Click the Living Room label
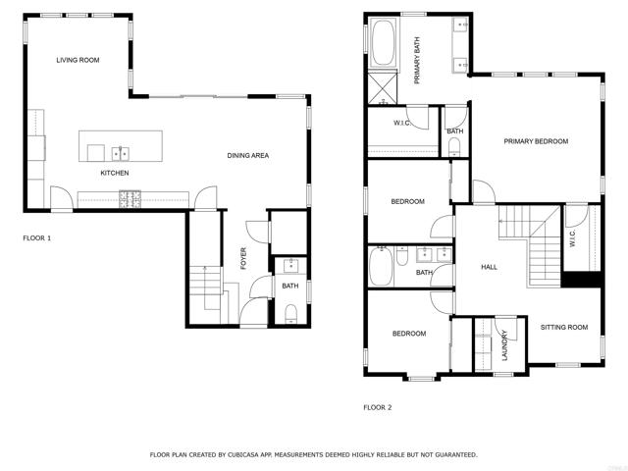click(x=78, y=60)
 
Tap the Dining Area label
click(x=248, y=155)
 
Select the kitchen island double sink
click(x=121, y=153)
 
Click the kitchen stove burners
click(x=131, y=199)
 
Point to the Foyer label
click(x=243, y=258)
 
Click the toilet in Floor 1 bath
click(x=290, y=313)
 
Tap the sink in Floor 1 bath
click(x=290, y=265)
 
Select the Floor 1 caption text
click(x=37, y=237)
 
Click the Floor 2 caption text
click(x=377, y=407)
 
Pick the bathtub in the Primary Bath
click(x=384, y=42)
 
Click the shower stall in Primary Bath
click(x=383, y=87)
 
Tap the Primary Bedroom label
click(x=536, y=141)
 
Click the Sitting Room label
click(x=564, y=327)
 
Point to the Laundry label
click(x=504, y=345)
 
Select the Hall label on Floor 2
click(x=489, y=267)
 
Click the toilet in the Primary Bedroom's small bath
click(x=454, y=146)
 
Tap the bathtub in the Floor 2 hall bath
click(x=381, y=266)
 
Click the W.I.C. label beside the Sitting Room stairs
click(x=572, y=237)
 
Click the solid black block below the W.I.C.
click(x=582, y=279)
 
